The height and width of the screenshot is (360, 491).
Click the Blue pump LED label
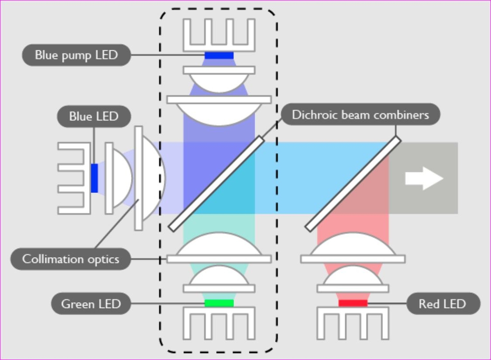point(76,55)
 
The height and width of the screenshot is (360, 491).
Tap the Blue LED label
point(94,116)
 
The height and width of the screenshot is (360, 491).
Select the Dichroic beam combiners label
point(360,114)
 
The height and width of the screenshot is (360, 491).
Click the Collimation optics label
point(70,259)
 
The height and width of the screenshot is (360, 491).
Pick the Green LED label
point(91,304)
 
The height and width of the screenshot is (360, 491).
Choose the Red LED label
point(442,304)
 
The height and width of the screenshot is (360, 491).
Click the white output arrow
point(424,179)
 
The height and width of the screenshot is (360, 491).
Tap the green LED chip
point(219,303)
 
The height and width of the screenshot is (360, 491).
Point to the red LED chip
point(353,303)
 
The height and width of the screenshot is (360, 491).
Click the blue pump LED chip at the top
point(219,55)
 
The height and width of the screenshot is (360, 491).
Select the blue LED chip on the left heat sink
point(94,178)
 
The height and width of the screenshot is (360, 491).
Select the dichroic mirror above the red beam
point(353,182)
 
